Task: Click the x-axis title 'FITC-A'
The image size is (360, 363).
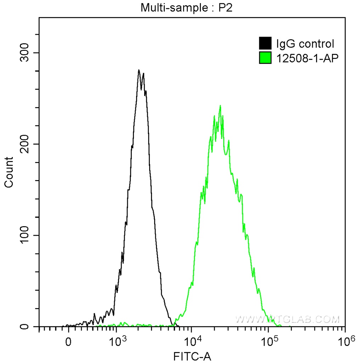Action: [192, 356]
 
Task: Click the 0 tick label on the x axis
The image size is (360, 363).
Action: [68, 342]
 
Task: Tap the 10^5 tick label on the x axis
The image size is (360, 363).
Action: [269, 342]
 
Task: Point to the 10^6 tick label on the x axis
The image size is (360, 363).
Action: [345, 342]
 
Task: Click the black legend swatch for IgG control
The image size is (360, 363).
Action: [265, 44]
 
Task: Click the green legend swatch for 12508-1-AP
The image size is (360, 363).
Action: [265, 58]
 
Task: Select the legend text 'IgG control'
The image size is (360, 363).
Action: [305, 44]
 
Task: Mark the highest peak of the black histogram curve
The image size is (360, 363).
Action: [139, 70]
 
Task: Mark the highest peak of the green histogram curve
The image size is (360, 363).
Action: [220, 105]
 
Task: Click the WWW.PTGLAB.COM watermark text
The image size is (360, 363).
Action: [287, 319]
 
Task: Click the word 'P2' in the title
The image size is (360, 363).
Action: [225, 7]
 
